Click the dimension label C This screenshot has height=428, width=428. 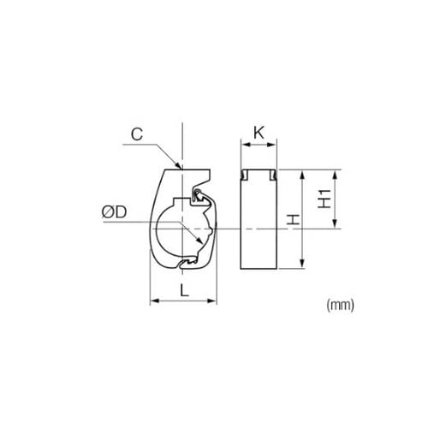click(137, 134)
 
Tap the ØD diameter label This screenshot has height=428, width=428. click(115, 212)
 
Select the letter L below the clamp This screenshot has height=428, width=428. click(185, 291)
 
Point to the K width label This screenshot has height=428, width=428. click(259, 133)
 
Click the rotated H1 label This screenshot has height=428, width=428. click(324, 199)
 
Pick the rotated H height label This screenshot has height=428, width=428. click(293, 220)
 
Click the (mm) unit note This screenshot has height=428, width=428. click(340, 306)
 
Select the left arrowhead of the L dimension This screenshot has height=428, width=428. click(154, 300)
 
